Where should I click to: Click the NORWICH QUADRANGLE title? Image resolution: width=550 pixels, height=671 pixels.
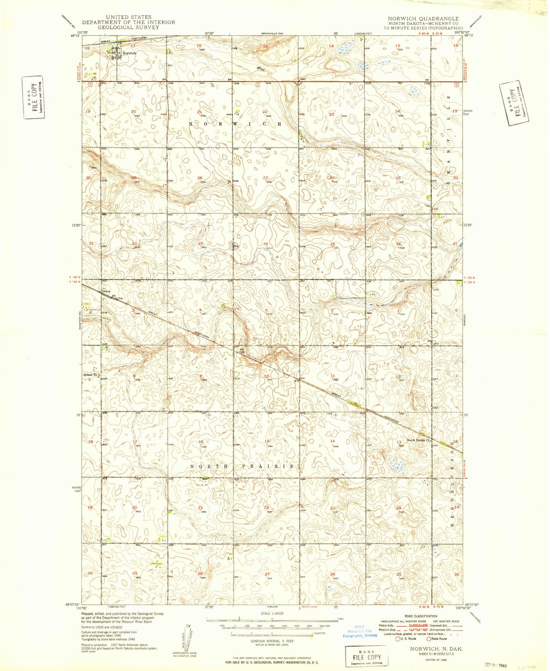423,19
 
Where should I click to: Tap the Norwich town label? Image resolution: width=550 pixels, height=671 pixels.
129,53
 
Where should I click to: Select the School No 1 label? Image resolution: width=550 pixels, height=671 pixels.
91,375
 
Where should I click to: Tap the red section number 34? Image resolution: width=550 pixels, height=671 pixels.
265,243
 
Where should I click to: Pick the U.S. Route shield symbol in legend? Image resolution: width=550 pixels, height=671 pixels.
398,639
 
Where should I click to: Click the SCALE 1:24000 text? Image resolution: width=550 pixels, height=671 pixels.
272,614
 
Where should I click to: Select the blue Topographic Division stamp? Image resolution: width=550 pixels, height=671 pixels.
360,635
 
